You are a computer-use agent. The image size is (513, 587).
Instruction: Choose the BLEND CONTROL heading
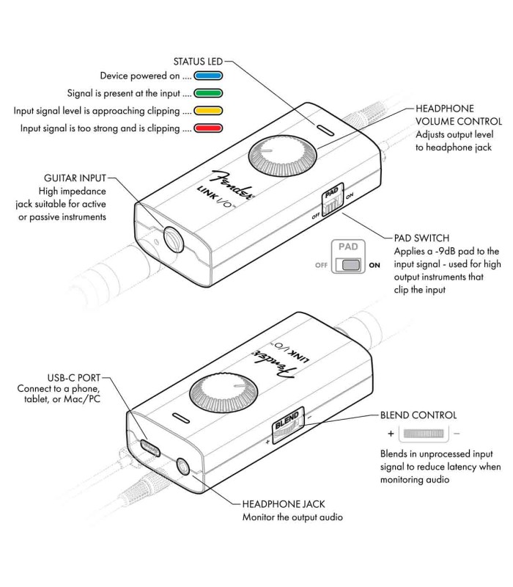point(415,415)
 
